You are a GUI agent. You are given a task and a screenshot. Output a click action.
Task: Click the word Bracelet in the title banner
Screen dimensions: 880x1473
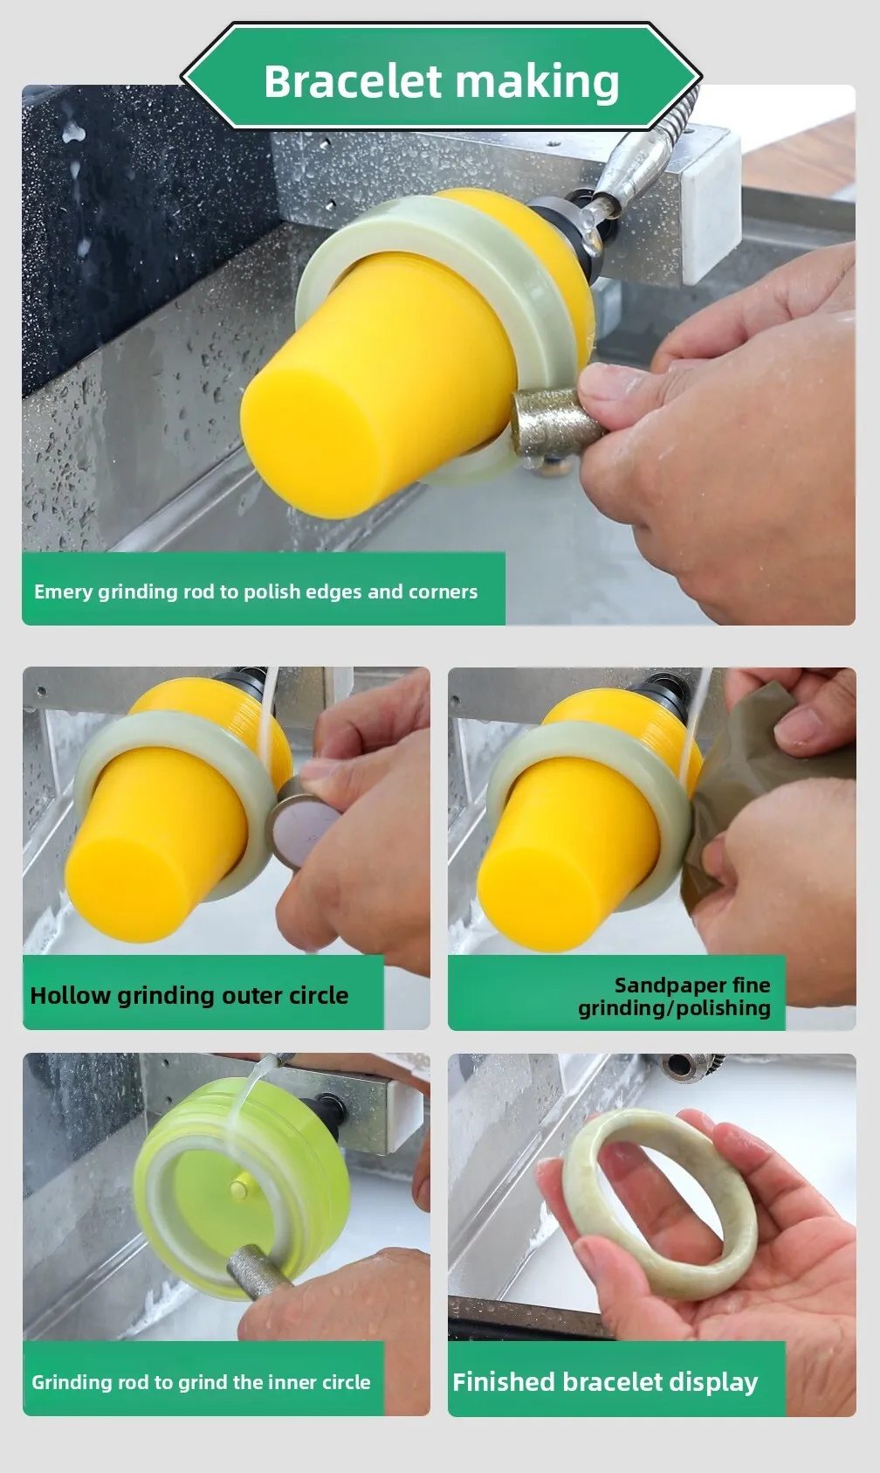pos(353,81)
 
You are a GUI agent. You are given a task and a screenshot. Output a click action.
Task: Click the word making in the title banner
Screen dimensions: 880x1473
pos(537,83)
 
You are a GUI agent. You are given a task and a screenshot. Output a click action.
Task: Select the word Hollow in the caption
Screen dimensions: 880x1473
pos(70,995)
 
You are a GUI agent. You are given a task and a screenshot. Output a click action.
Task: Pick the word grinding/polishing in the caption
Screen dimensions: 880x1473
pos(674,1008)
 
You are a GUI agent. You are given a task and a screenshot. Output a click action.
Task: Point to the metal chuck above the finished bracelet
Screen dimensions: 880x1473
pos(691,1066)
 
